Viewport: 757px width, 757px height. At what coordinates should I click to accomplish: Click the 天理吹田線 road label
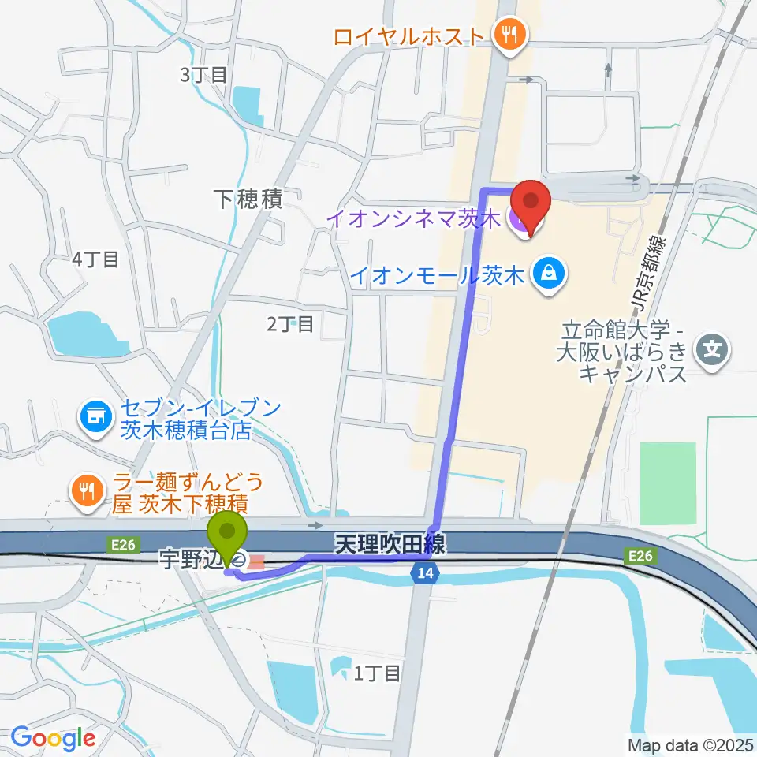coord(390,543)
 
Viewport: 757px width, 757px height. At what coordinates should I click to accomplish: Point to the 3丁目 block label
coord(203,76)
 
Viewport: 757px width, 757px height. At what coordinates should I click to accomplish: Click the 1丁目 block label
coord(378,673)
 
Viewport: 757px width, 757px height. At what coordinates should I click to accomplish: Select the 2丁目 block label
coord(290,323)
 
